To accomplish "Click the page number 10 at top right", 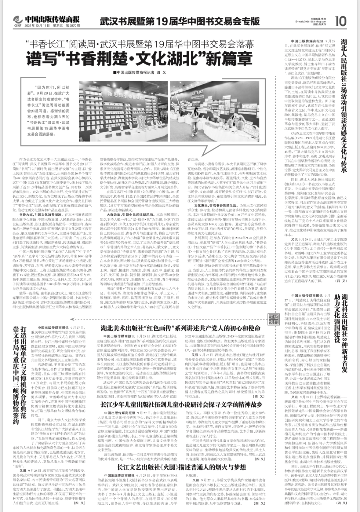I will point(340,22).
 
